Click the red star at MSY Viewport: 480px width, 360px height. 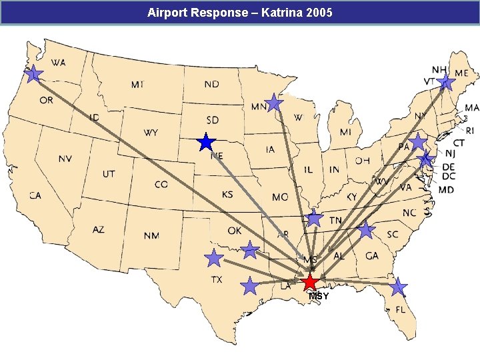pos(311,282)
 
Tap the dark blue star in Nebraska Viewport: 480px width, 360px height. pos(207,142)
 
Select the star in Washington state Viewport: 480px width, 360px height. pos(34,73)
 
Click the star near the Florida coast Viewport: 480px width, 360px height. pos(398,287)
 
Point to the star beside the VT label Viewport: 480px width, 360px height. pos(446,83)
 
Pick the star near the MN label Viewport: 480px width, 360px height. pos(274,103)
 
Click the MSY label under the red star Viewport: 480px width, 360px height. pos(319,296)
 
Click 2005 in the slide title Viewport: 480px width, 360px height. pos(321,13)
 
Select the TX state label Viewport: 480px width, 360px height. pos(217,280)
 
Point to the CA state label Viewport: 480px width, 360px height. pos(35,195)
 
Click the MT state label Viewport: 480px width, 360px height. pos(137,85)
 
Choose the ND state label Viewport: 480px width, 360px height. pos(211,85)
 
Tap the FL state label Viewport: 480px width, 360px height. pos(400,309)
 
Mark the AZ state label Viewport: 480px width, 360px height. pos(98,229)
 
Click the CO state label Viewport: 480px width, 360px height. pos(161,184)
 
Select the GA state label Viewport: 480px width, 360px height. pos(372,255)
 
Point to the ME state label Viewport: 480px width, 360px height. pos(461,73)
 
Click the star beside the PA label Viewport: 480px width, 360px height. pos(418,141)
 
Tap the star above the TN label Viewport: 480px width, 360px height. pos(315,218)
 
